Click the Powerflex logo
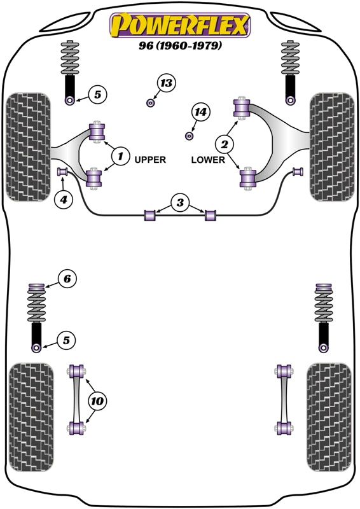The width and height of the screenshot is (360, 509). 180,25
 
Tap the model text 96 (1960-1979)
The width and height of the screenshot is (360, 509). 180,46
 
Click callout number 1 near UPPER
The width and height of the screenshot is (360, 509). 119,154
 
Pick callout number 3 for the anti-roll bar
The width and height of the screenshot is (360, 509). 180,203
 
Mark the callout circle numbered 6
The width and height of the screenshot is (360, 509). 67,278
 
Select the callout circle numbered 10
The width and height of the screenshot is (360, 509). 97,401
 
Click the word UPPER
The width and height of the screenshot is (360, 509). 150,160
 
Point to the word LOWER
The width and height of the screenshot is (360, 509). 208,160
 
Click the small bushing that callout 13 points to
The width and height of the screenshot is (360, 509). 151,102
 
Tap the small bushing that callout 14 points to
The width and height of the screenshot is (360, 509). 189,135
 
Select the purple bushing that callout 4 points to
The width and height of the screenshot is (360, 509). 63,171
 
